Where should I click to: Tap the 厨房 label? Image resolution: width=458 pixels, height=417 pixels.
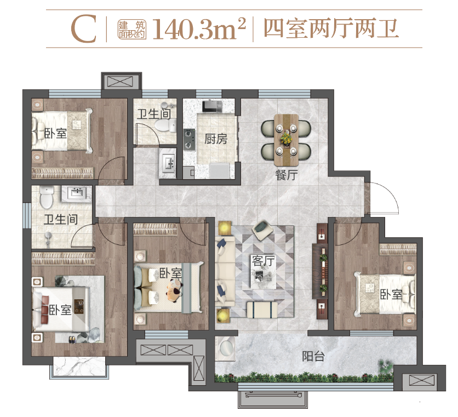(215, 139)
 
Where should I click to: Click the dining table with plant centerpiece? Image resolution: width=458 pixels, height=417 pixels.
(285, 139)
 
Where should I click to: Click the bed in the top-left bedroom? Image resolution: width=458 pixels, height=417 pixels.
(61, 130)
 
